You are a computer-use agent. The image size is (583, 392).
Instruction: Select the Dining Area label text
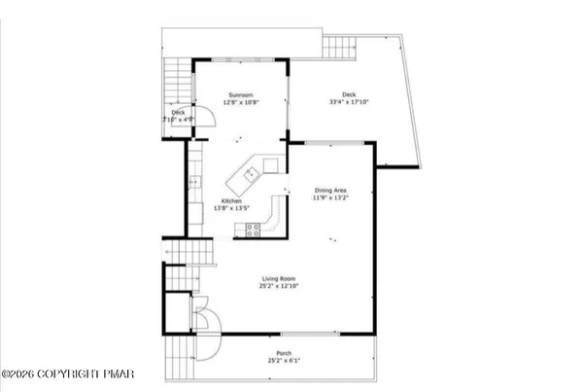[x=330, y=190]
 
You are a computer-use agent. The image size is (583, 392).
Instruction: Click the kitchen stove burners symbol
[x=254, y=231]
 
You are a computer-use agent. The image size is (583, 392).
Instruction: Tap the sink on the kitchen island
[x=250, y=175]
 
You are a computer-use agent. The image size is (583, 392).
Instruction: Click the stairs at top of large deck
[x=340, y=45]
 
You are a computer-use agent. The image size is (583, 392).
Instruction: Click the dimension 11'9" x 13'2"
[x=330, y=197]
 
